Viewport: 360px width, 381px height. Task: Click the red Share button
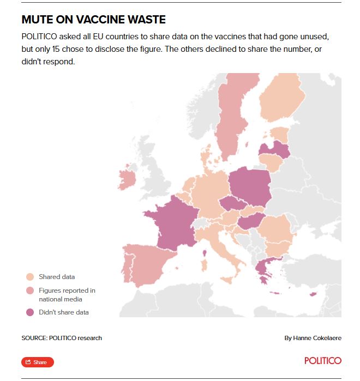coord(38,362)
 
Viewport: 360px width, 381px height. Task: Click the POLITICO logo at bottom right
coord(323,361)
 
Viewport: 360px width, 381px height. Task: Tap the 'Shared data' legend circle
coord(30,277)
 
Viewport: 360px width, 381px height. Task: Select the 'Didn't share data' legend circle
coord(30,312)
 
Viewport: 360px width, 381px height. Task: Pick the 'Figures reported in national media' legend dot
coord(30,291)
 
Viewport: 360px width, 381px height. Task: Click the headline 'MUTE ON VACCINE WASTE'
coord(93,20)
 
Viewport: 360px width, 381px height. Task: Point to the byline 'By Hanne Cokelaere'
coord(313,338)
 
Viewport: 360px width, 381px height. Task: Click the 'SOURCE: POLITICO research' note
coord(62,338)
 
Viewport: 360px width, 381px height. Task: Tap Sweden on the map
coord(232,120)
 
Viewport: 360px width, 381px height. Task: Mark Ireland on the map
coord(128,179)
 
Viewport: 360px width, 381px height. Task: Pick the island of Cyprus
coord(313,295)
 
